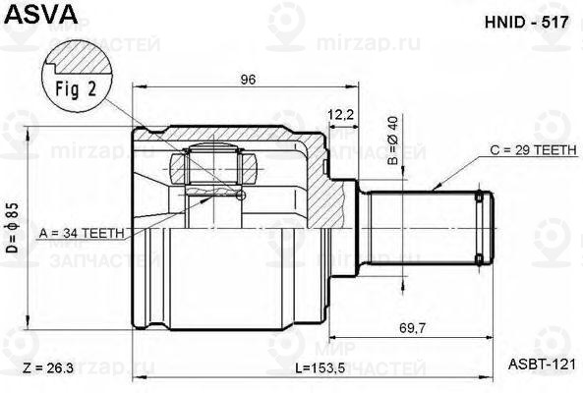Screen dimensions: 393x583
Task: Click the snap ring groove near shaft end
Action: click(479, 228)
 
